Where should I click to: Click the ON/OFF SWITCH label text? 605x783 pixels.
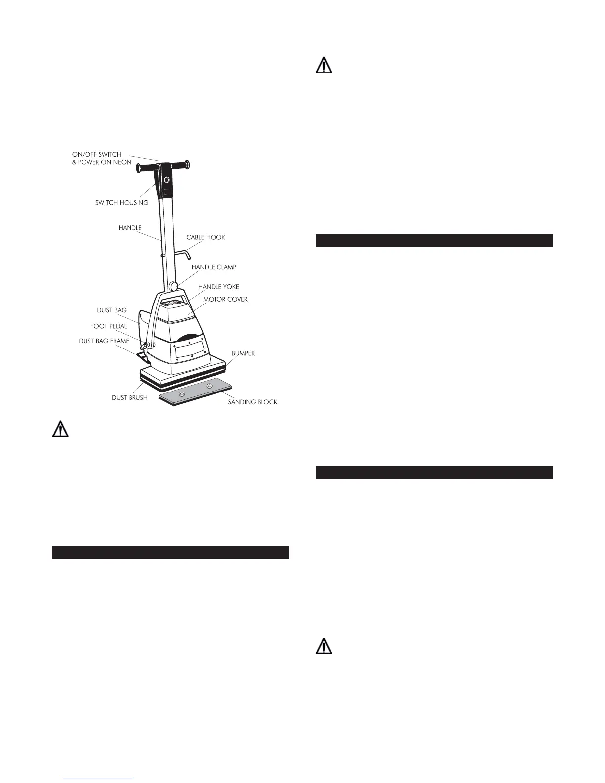(96, 154)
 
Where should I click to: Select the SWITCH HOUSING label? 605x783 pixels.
(122, 203)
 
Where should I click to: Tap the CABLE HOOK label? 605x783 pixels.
(206, 237)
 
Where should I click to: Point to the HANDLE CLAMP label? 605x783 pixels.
(214, 267)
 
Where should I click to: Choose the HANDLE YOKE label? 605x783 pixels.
(218, 287)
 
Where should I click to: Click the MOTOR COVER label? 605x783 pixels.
(225, 299)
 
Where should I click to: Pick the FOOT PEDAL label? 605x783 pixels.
(108, 326)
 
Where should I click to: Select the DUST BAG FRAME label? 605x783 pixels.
(104, 341)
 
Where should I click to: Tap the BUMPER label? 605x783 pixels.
(243, 354)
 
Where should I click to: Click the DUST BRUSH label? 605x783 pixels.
(130, 397)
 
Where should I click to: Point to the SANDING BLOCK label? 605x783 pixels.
(253, 402)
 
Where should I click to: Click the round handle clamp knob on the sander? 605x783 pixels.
(173, 286)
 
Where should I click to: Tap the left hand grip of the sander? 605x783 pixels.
(144, 168)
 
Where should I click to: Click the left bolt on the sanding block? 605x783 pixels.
(182, 393)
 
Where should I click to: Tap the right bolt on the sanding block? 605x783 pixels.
(209, 386)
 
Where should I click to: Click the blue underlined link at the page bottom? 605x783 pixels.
(98, 779)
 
